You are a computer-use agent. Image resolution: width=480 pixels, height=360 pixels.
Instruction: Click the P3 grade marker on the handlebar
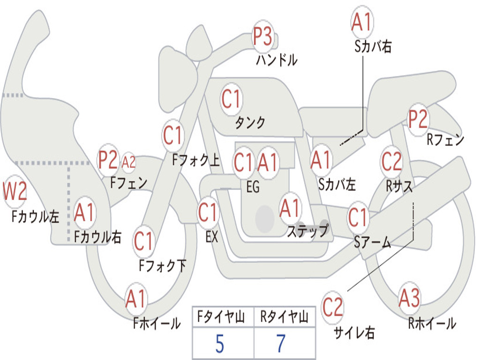coord(262,36)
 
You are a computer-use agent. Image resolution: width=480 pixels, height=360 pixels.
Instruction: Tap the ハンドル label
coord(277,60)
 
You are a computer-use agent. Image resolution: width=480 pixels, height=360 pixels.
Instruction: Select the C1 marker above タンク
coord(232,99)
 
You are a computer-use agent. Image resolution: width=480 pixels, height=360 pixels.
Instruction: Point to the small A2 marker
coord(128,162)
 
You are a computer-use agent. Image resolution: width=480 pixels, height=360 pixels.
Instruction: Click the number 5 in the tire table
coord(219,344)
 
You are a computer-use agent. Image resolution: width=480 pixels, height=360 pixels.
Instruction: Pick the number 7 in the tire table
coord(281,344)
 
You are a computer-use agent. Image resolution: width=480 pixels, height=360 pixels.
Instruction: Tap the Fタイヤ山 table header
coord(221,316)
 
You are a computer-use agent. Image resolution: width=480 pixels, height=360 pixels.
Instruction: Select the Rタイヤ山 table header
coord(285,316)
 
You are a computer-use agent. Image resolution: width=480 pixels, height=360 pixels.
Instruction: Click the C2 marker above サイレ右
coord(332,307)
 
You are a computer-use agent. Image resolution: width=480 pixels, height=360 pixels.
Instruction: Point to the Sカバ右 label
coord(373,46)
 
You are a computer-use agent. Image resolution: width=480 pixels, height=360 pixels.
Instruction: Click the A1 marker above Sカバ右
coord(362,22)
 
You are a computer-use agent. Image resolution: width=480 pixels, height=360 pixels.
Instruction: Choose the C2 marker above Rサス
coord(391,161)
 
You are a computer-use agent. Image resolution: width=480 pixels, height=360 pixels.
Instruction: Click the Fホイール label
coord(157,323)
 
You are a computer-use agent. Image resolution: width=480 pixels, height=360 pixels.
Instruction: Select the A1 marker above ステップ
coord(290,208)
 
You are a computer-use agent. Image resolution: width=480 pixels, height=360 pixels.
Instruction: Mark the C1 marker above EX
coord(208,212)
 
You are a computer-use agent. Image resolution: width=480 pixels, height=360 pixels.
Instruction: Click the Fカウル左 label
coord(35,217)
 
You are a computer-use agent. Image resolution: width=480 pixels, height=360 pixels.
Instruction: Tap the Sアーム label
coord(373,242)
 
